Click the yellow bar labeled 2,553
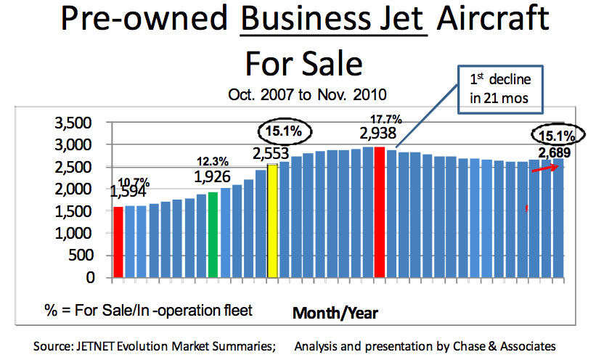tap(273, 221)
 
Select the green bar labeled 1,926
tap(213, 234)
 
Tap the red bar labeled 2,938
tap(379, 211)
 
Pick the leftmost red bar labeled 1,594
tap(118, 242)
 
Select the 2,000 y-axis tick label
tap(76, 189)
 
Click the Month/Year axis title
tap(335, 313)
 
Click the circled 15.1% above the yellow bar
tap(284, 132)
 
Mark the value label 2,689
tap(554, 152)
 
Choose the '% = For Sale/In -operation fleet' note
tap(147, 311)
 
